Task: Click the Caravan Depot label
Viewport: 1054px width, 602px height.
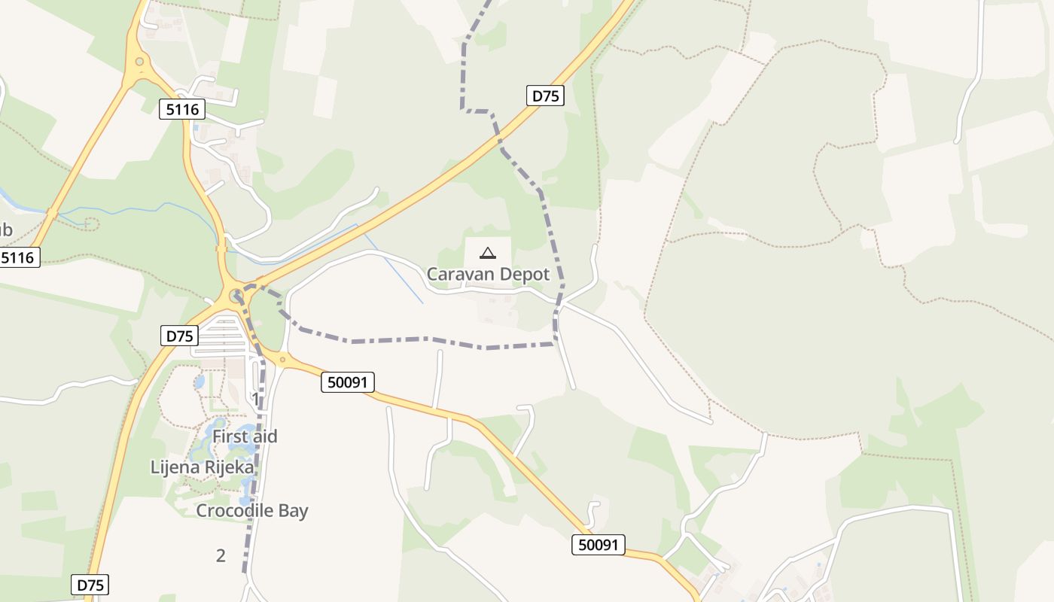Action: tap(488, 275)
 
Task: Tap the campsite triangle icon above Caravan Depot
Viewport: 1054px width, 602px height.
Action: tap(488, 253)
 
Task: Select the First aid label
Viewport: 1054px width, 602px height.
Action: tap(245, 436)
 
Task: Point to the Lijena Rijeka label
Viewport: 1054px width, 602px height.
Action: tap(203, 467)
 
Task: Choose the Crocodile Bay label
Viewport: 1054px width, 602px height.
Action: tap(252, 511)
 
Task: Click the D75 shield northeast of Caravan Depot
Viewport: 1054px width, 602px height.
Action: tap(544, 96)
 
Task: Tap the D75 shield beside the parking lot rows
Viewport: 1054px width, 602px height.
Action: tap(179, 336)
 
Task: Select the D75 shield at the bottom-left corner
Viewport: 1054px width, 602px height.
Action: tap(90, 585)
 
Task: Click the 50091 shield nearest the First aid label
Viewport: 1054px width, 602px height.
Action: tap(348, 382)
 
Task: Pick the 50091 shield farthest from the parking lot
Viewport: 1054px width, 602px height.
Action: tap(599, 545)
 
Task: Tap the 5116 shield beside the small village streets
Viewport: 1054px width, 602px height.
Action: tap(182, 109)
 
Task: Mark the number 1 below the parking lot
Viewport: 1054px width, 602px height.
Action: tap(255, 398)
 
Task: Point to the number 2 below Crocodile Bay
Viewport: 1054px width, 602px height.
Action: tap(221, 556)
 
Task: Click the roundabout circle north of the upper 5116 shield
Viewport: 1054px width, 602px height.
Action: tap(139, 62)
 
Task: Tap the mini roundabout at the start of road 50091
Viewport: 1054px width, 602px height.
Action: tap(282, 360)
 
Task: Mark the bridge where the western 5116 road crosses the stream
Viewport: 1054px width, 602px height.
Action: tap(51, 213)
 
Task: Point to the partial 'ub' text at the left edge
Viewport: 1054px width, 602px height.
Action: tap(6, 230)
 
